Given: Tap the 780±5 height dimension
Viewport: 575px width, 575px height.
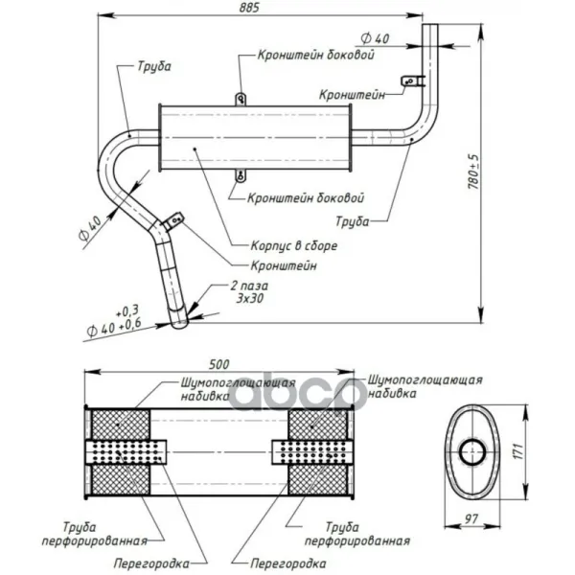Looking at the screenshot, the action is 473,172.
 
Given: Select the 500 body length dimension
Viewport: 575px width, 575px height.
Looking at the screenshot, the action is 219,364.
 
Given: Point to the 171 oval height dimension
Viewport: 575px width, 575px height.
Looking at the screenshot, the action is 517,451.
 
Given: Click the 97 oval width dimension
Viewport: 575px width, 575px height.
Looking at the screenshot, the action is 471,518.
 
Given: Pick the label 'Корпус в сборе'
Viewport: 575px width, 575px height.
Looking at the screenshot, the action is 294,245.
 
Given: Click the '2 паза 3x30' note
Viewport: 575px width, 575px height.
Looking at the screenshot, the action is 249,292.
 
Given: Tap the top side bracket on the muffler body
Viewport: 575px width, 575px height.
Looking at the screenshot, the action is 241,99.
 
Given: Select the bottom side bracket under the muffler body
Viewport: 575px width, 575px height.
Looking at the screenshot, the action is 241,176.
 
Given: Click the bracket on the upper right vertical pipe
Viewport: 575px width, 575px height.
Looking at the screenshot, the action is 412,80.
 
